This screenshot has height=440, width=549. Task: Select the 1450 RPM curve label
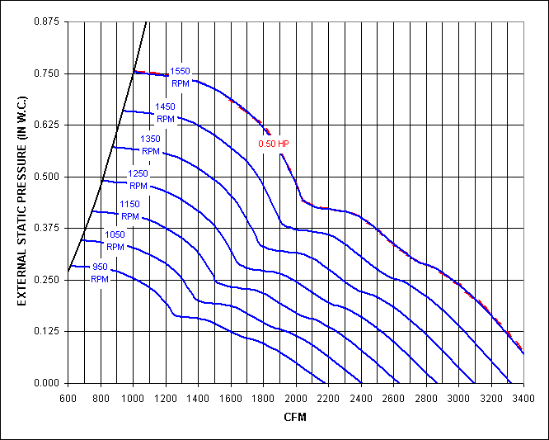coord(166,113)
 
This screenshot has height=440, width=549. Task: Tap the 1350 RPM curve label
coord(151,145)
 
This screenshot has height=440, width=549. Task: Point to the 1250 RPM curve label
coord(138,179)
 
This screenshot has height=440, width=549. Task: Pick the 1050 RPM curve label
coord(115,240)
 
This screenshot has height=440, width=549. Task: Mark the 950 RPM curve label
coord(101,273)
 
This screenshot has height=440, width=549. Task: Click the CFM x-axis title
coord(295,417)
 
